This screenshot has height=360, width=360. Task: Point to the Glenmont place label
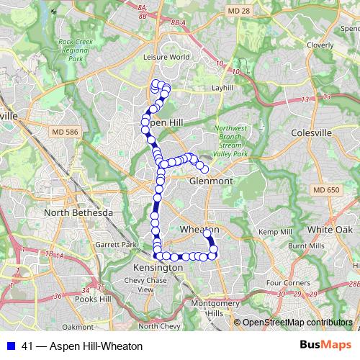click(211, 181)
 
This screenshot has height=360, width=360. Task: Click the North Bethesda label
click(78, 213)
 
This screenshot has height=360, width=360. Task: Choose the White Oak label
click(328, 229)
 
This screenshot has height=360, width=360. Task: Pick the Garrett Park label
click(117, 245)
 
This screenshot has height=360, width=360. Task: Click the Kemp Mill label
click(275, 232)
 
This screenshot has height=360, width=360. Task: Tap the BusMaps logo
click(325, 345)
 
